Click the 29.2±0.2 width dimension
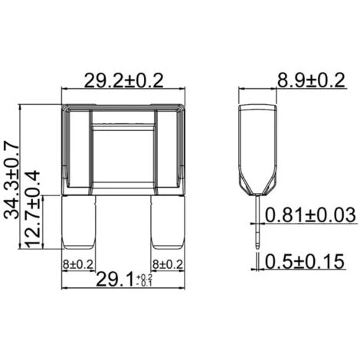(x=123, y=80)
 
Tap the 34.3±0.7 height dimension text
(x=11, y=182)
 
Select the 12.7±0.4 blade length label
(x=32, y=210)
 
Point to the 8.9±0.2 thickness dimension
(x=311, y=80)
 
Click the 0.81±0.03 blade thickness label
(x=310, y=214)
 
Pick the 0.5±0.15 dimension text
(x=305, y=261)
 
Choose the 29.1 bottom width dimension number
(x=115, y=279)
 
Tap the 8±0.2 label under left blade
(x=78, y=264)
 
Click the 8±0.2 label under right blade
(x=168, y=264)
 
